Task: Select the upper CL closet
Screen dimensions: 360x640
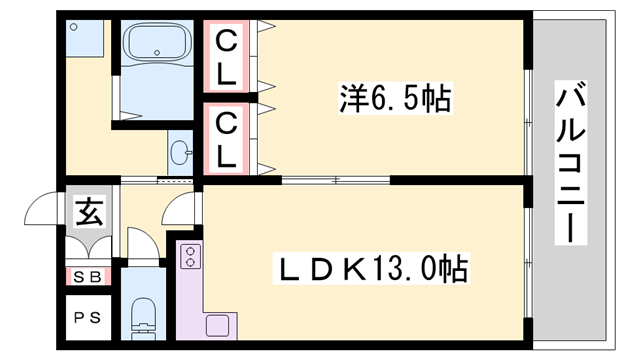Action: pyautogui.click(x=229, y=57)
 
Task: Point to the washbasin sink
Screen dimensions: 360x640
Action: pyautogui.click(x=181, y=154)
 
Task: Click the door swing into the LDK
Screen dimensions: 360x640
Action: pyautogui.click(x=181, y=211)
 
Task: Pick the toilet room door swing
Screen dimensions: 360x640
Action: pyautogui.click(x=141, y=245)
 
